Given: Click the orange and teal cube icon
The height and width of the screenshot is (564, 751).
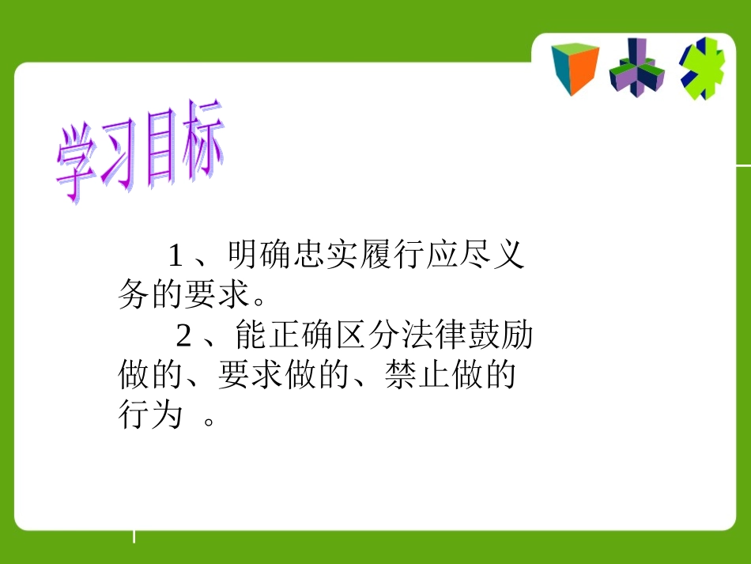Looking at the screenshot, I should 574,70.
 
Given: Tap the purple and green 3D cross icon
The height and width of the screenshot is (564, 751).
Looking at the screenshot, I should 637,68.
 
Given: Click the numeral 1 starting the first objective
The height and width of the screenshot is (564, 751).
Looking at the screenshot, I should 176,255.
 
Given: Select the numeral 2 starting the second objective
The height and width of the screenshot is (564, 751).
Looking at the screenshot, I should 184,336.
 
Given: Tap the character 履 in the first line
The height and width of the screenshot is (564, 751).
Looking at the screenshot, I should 377,255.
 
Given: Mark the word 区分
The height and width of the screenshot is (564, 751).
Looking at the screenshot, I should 368,336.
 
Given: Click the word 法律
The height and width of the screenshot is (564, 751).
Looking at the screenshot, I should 435,336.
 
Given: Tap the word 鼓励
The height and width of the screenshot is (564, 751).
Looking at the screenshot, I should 501,336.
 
